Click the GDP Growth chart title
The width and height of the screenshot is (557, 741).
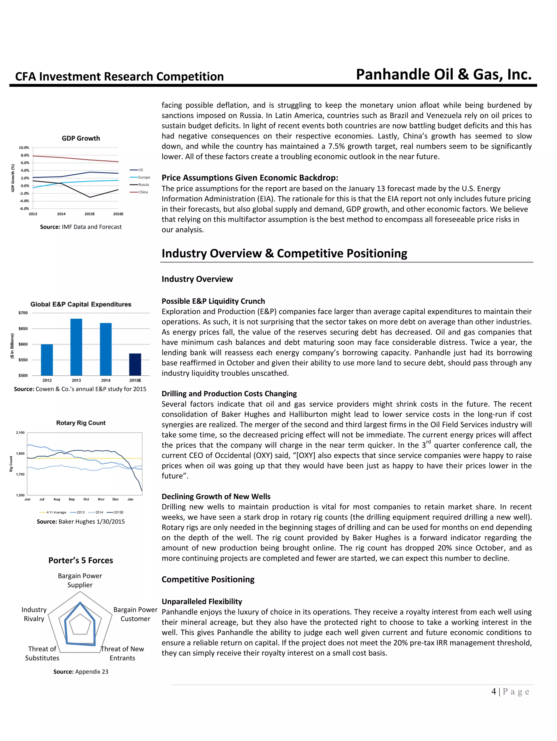(x=81, y=138)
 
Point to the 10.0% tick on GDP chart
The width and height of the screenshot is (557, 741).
(x=24, y=147)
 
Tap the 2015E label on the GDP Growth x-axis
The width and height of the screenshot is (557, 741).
(x=89, y=214)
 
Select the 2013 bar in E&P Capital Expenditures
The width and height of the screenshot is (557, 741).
(x=76, y=347)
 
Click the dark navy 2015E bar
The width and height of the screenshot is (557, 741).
(x=135, y=364)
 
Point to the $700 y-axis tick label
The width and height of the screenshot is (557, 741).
(x=23, y=313)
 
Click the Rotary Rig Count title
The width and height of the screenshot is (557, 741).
(x=81, y=423)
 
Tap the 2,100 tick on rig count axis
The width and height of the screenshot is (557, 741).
(x=20, y=433)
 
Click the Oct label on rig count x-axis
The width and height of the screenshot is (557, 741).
(x=86, y=499)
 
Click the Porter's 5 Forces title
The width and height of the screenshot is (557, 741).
(x=81, y=560)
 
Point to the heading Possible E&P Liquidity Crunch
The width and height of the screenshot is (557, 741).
(x=213, y=301)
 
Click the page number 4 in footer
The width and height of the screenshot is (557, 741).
(x=494, y=691)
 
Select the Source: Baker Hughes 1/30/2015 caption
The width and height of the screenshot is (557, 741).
(x=81, y=521)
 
